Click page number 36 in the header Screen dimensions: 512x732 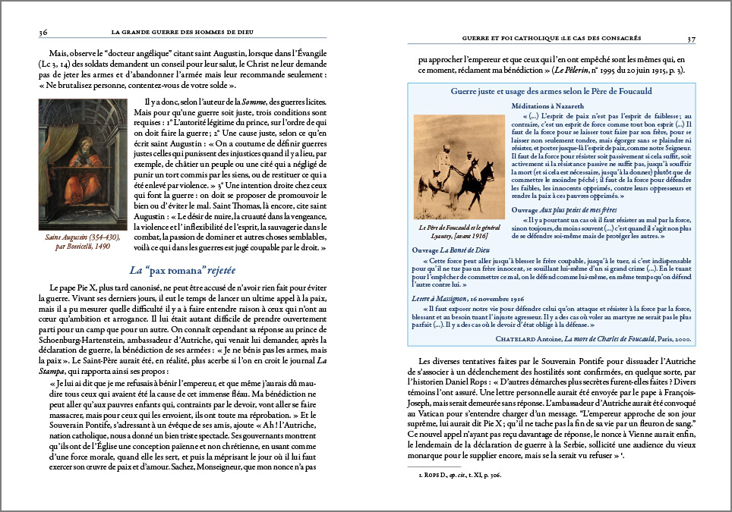(43, 32)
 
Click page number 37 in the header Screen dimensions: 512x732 (690, 39)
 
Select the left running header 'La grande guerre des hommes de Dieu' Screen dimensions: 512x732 (181, 32)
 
